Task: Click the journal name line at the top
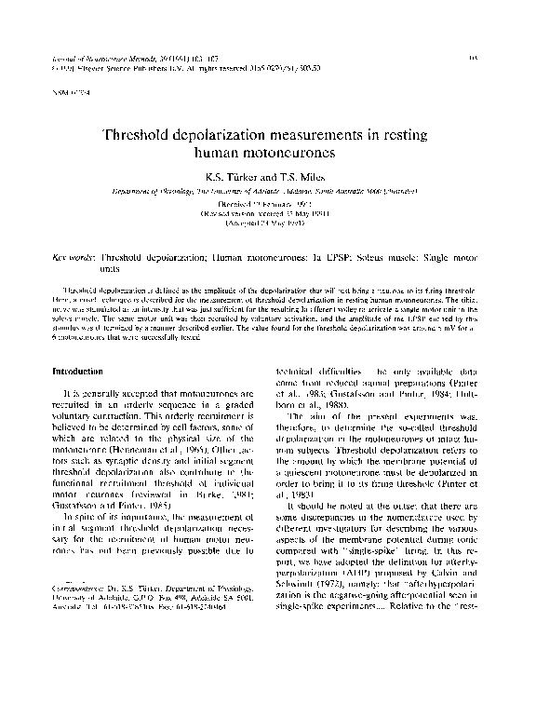(x=120, y=58)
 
